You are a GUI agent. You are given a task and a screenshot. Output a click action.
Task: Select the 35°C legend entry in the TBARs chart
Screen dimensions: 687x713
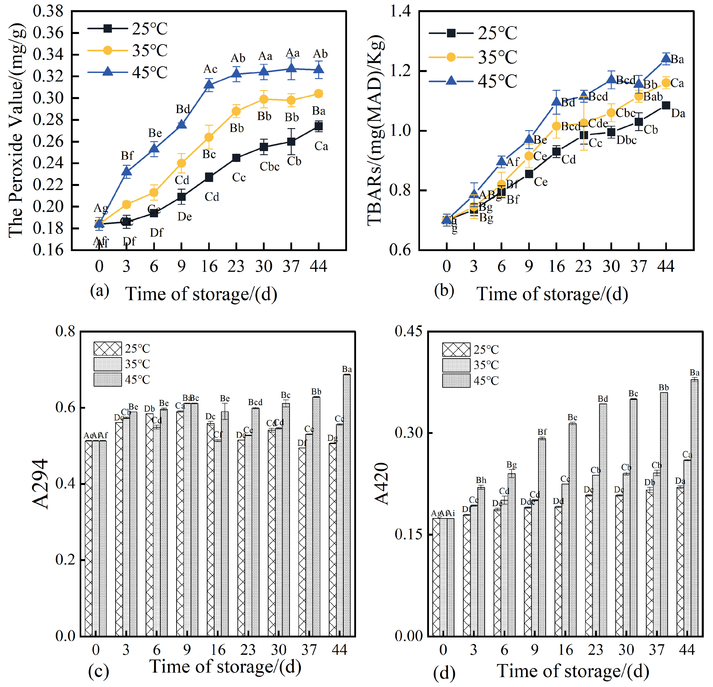click(x=473, y=57)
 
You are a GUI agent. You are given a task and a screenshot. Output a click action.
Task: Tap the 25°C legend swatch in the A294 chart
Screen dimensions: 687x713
click(x=107, y=348)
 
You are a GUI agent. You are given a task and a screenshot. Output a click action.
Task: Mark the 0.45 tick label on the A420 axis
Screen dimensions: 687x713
click(x=409, y=331)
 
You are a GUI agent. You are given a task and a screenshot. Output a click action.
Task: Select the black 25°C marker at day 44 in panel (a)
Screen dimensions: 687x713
click(x=319, y=126)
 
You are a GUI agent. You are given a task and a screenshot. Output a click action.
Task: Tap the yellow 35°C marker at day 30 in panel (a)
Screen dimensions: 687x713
click(x=264, y=99)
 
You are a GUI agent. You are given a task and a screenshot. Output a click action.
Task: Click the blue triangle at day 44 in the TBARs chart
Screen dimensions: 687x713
click(x=666, y=58)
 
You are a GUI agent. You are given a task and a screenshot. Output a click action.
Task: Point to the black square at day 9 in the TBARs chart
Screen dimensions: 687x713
click(x=529, y=174)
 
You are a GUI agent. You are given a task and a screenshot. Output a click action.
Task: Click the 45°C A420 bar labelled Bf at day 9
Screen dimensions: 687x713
click(x=542, y=537)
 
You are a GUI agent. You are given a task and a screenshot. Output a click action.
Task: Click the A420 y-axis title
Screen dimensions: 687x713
click(x=382, y=484)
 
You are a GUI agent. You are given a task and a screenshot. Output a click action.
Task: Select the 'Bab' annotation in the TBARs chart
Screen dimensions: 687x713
click(x=653, y=97)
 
